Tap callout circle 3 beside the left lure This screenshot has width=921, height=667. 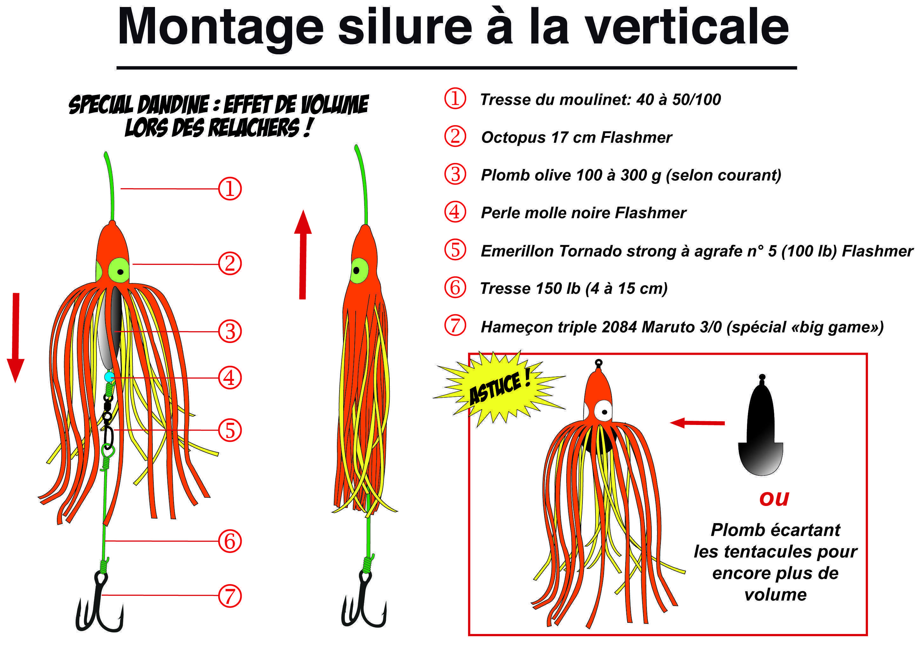click(x=230, y=332)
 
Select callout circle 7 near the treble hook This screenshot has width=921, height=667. click(x=230, y=596)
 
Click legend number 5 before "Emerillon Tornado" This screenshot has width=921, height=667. click(x=455, y=250)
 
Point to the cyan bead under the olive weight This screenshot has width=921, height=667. click(x=109, y=377)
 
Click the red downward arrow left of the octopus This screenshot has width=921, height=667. click(x=16, y=337)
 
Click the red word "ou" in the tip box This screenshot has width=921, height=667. click(x=774, y=498)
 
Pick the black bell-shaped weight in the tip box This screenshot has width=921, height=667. click(x=760, y=431)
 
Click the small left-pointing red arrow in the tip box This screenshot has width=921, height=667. click(x=697, y=423)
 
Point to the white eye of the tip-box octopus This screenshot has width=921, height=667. click(x=603, y=411)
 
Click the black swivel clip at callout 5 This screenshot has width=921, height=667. click(x=108, y=422)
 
